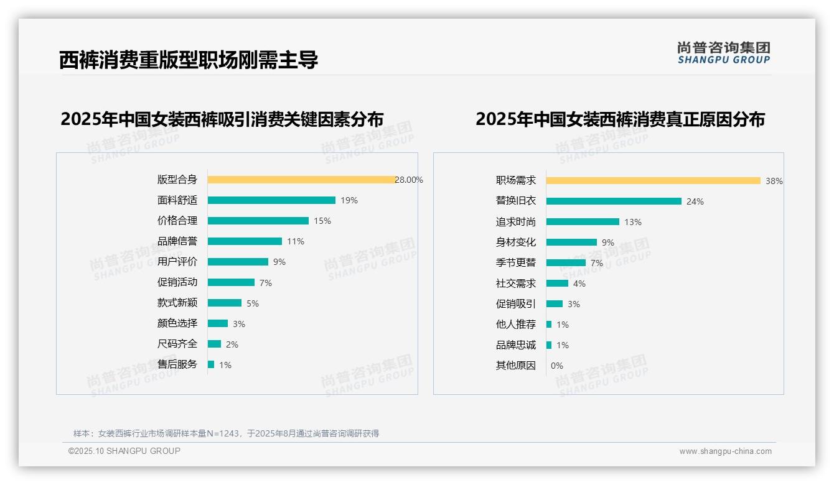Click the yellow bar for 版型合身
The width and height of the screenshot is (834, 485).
[301, 180]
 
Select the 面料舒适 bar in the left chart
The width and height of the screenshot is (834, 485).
[271, 200]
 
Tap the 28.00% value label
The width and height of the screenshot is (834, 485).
[409, 180]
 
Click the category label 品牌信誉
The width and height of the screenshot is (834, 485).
[177, 241]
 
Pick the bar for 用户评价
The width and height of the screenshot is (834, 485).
[238, 262]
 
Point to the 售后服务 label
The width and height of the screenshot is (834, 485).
[177, 364]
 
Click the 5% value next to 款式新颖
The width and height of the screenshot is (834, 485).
[252, 303]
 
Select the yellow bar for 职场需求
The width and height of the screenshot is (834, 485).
[653, 181]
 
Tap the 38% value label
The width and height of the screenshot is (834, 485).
[774, 181]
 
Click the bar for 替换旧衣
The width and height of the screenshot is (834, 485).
[614, 201]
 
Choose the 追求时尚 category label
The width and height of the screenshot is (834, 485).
[515, 222]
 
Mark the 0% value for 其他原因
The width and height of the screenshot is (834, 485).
[556, 366]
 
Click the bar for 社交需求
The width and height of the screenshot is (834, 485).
[557, 284]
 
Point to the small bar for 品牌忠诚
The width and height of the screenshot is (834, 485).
[549, 345]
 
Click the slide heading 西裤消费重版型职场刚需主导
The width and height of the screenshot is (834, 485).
[189, 60]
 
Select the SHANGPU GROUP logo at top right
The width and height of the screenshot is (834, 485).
[723, 52]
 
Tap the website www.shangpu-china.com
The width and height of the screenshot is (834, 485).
[725, 451]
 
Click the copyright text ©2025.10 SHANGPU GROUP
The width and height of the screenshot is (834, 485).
[124, 451]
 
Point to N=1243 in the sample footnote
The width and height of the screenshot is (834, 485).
[222, 433]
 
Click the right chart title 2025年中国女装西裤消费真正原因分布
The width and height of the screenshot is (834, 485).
[620, 119]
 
